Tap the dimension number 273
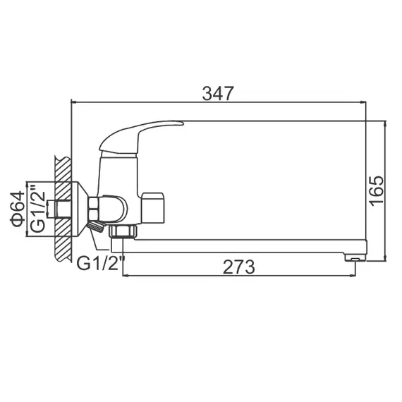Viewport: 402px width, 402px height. tap(239, 267)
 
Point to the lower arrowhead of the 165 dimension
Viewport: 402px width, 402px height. tap(385, 258)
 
